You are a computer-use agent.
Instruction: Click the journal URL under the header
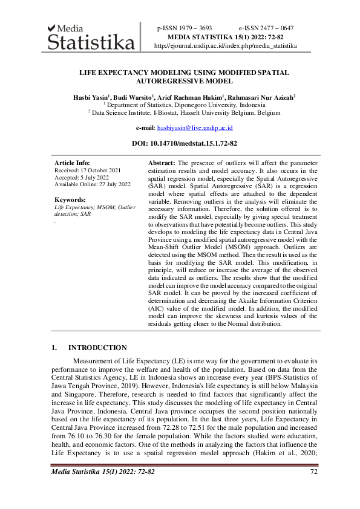(x=226, y=46)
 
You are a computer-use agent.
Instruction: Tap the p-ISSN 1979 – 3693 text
(x=185, y=28)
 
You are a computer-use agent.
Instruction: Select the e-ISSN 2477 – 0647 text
(x=266, y=28)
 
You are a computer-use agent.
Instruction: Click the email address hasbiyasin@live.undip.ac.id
(x=195, y=128)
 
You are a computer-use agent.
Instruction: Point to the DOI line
(x=184, y=144)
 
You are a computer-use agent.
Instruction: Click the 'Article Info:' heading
(x=72, y=163)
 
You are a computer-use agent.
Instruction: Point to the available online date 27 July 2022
(x=93, y=184)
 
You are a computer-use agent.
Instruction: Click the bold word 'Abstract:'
(x=162, y=163)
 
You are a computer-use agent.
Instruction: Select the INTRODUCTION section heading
(x=97, y=348)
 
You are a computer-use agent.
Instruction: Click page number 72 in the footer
(x=313, y=472)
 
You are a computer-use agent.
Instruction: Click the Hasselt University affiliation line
(x=184, y=112)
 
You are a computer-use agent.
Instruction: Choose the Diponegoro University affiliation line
(x=184, y=105)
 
